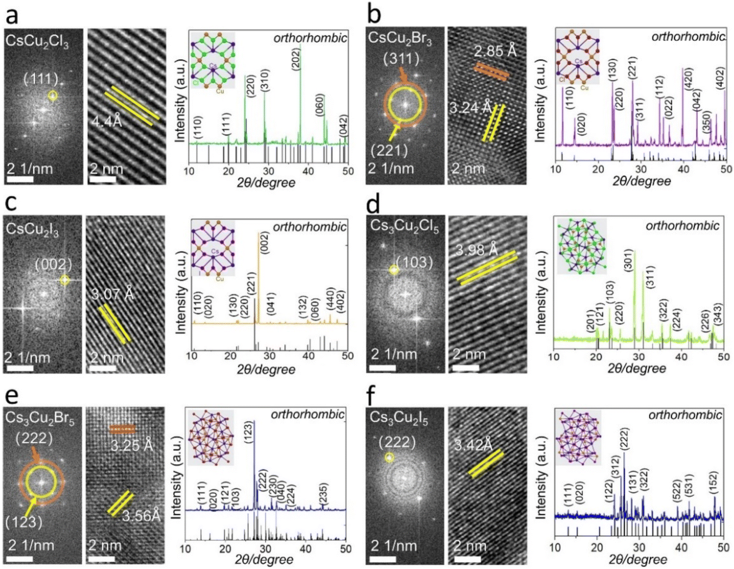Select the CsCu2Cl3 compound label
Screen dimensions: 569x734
[x=37, y=41]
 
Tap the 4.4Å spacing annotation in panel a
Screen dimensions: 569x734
[x=107, y=121]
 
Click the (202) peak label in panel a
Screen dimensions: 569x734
[x=295, y=57]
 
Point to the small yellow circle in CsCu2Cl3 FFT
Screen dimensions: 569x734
[x=52, y=95]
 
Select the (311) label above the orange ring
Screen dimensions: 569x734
[x=401, y=59]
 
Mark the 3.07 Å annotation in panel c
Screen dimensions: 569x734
[x=113, y=293]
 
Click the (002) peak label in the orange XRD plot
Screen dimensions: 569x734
[x=265, y=242]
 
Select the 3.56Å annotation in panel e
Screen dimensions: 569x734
[x=141, y=515]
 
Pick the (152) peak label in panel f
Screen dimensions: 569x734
[x=713, y=484]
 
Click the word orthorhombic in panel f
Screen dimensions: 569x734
[x=685, y=415]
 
